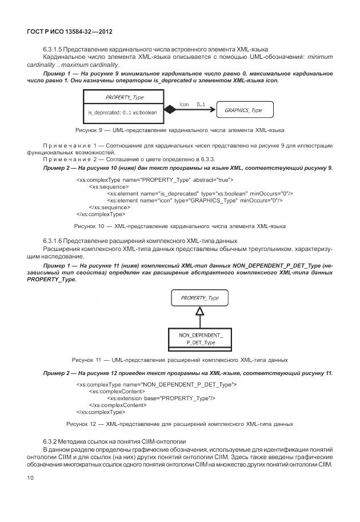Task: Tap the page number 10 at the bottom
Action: tap(31, 476)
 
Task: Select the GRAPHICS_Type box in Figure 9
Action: tap(243, 110)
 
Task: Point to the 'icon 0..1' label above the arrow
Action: tap(192, 103)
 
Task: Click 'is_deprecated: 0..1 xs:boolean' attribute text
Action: tap(122, 113)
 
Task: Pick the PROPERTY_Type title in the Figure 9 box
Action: tap(124, 97)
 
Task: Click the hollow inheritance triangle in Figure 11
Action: tap(199, 312)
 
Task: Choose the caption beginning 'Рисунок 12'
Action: tap(179, 424)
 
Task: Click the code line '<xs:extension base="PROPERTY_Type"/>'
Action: tap(161, 398)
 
